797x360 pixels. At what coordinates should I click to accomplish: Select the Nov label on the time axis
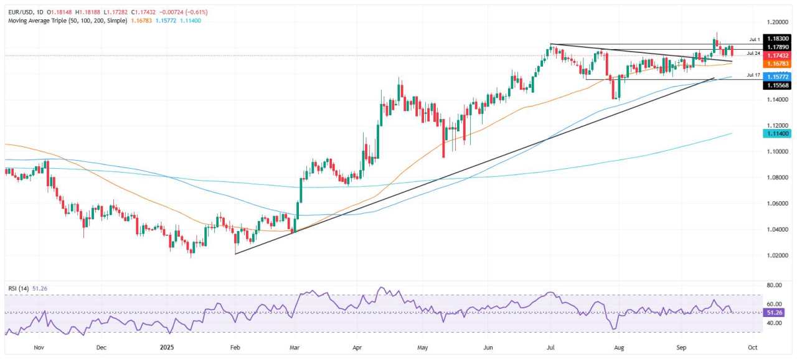click(39, 347)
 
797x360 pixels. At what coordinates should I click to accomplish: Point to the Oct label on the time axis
click(752, 347)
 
